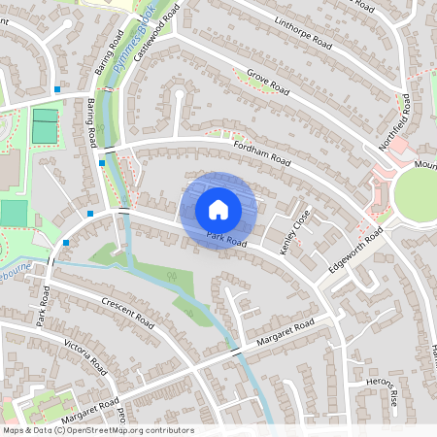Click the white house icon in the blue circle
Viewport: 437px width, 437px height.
pyautogui.click(x=218, y=209)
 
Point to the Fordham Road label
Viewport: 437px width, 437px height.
pyautogui.click(x=262, y=151)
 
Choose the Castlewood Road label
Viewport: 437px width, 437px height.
pyautogui.click(x=156, y=34)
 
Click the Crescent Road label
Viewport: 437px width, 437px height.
pyautogui.click(x=127, y=314)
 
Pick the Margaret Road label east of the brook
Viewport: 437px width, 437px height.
pyautogui.click(x=286, y=333)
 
